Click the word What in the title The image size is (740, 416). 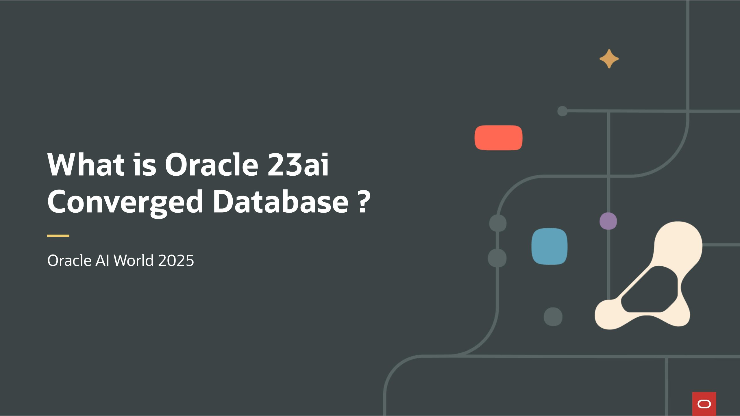point(86,165)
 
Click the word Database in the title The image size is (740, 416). point(280,200)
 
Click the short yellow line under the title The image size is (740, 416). point(58,236)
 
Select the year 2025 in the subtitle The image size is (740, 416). point(176,260)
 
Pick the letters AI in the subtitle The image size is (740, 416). point(102,260)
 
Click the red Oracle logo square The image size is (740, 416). point(704,404)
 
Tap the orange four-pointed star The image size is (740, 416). point(609,59)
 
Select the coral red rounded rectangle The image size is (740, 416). point(499,138)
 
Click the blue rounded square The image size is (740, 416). point(549,246)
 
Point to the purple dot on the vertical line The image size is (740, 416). point(608,221)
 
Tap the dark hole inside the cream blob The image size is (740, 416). point(649,290)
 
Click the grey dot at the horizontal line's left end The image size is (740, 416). point(562,111)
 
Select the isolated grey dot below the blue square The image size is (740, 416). point(553,317)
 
